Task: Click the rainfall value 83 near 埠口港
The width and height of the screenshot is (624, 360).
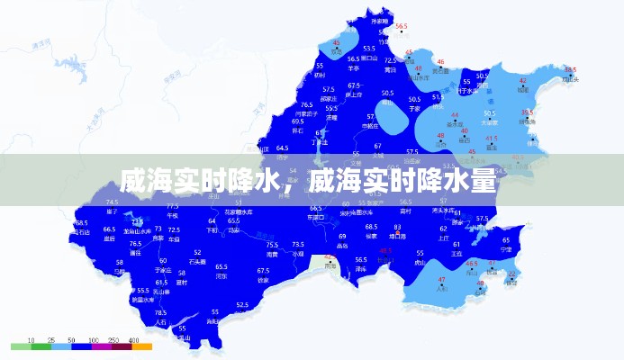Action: click(397, 227)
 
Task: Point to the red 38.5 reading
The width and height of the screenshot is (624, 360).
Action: click(570, 69)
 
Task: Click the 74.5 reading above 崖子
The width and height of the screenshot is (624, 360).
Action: click(113, 202)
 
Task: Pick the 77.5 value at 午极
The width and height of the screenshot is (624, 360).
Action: click(173, 206)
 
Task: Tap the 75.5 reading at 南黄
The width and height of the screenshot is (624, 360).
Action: click(272, 245)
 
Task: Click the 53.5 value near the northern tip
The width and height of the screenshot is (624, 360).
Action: click(368, 49)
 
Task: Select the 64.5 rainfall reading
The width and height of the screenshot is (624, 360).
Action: click(282, 148)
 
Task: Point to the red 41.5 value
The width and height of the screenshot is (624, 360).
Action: click(491, 138)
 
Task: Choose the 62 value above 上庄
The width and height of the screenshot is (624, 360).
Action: click(444, 229)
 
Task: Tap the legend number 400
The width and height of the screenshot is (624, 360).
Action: click(134, 339)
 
